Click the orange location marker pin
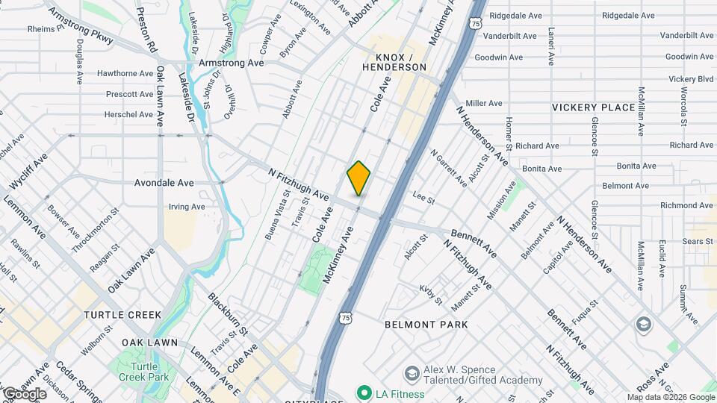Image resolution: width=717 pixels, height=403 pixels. click(359, 178)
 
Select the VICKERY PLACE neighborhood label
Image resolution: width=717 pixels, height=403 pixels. click(593, 107)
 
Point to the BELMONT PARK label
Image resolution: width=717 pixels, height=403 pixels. click(426, 325)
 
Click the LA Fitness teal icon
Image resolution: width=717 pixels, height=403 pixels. click(364, 393)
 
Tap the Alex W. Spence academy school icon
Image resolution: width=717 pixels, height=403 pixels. click(411, 372)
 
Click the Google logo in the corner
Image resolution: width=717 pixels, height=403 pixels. click(25, 394)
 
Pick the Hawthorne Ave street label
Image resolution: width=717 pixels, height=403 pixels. click(125, 73)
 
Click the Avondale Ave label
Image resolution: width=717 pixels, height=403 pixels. click(164, 182)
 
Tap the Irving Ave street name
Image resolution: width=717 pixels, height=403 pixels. click(187, 207)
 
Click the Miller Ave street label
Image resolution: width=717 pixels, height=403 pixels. click(484, 103)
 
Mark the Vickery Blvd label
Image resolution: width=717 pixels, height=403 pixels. click(691, 78)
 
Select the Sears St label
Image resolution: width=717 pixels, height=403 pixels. click(698, 241)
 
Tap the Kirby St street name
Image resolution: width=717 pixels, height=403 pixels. click(431, 293)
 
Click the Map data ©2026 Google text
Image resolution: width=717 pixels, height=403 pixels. click(670, 397)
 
